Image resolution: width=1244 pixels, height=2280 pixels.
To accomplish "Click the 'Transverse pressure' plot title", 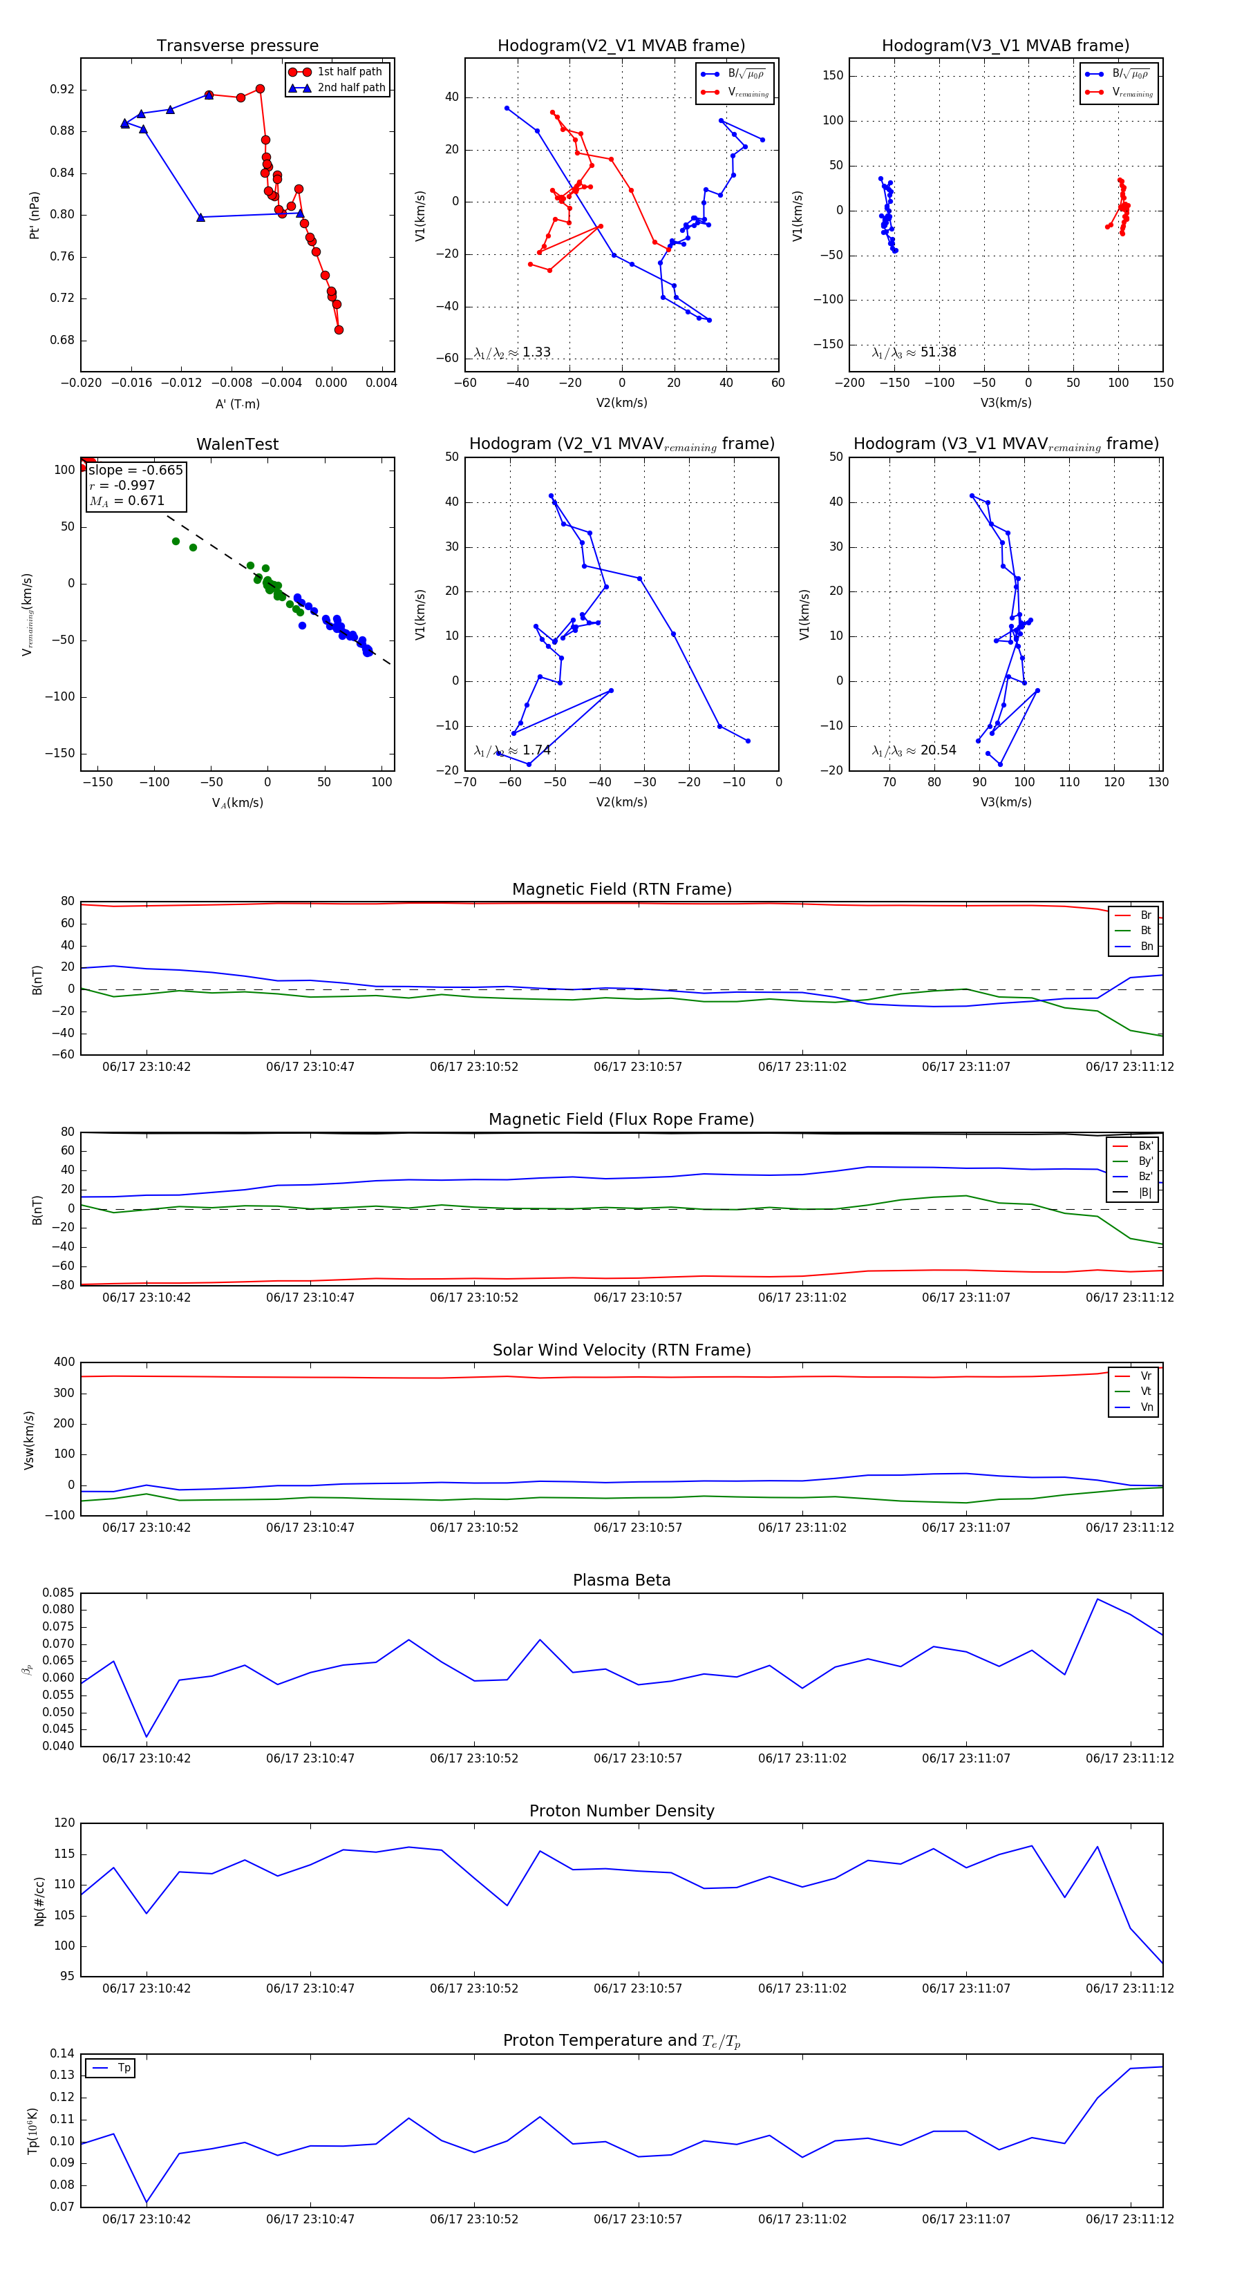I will pyautogui.click(x=237, y=46).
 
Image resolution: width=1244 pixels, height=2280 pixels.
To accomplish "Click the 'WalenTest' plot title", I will pyautogui.click(x=237, y=444).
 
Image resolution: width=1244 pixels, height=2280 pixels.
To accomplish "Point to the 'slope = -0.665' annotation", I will pyautogui.click(x=135, y=470).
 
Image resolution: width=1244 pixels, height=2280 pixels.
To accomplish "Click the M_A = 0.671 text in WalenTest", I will pyautogui.click(x=126, y=501).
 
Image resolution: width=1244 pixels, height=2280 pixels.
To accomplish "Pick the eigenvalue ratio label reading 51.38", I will pyautogui.click(x=914, y=352).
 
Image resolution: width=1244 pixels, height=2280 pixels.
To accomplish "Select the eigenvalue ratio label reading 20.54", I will pyautogui.click(x=914, y=750).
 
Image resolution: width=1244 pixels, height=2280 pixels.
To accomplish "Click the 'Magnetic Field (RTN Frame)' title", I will pyautogui.click(x=621, y=889).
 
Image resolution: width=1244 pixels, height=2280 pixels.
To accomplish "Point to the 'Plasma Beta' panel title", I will pyautogui.click(x=621, y=1581).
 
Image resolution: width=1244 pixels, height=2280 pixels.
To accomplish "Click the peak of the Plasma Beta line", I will pyautogui.click(x=1097, y=1599).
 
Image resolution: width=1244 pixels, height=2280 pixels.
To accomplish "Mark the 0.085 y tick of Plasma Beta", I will pyautogui.click(x=59, y=1593).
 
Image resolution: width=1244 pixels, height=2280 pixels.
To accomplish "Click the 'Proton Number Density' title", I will pyautogui.click(x=621, y=1811).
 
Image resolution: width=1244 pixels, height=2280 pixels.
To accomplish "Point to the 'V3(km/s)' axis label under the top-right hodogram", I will pyautogui.click(x=1005, y=403).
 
